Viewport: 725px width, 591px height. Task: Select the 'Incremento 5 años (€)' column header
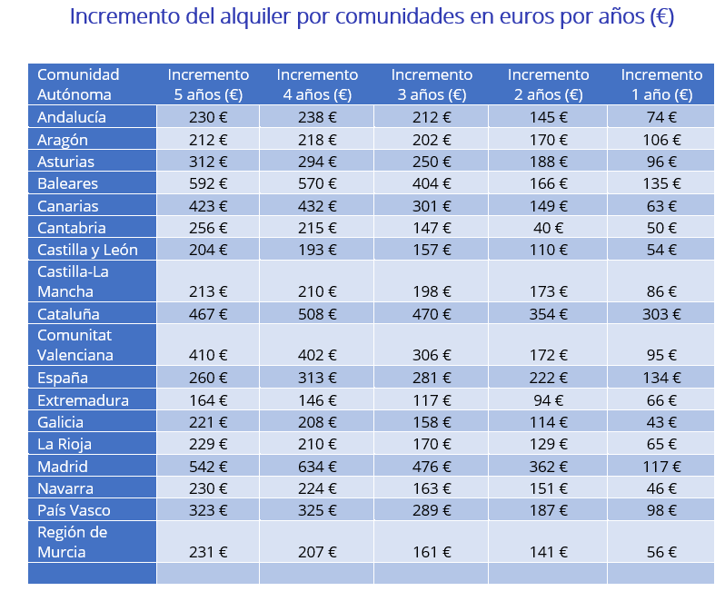click(x=208, y=84)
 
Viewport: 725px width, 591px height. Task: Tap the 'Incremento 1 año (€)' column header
click(x=660, y=84)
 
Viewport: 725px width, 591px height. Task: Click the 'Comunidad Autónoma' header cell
click(x=78, y=84)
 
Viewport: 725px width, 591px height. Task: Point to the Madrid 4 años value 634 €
click(x=317, y=466)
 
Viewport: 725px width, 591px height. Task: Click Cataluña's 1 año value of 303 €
click(x=660, y=314)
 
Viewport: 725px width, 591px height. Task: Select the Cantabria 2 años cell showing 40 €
click(x=548, y=228)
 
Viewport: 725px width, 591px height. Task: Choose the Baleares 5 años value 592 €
click(x=208, y=183)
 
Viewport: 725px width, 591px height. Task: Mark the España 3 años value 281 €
click(x=432, y=378)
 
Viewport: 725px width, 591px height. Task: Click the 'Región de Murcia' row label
click(x=73, y=541)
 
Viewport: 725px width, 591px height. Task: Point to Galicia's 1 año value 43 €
click(x=660, y=422)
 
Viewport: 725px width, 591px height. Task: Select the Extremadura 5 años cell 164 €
click(x=208, y=400)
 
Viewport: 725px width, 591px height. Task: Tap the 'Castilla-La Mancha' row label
click(x=74, y=281)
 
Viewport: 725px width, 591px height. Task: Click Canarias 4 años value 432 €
click(x=317, y=206)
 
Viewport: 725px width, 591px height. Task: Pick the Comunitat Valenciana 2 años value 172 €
click(x=548, y=355)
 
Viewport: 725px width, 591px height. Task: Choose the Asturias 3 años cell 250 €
click(x=432, y=162)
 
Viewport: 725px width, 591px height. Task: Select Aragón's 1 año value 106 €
click(x=660, y=140)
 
